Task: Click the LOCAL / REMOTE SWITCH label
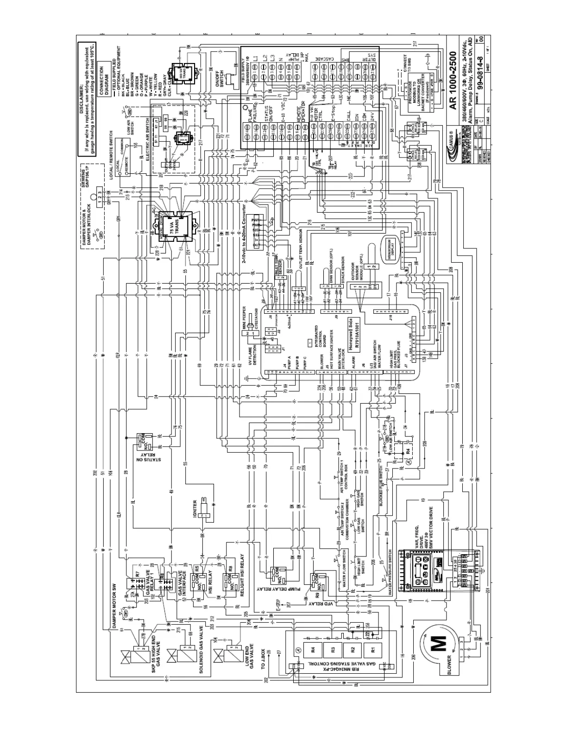click(111, 160)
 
